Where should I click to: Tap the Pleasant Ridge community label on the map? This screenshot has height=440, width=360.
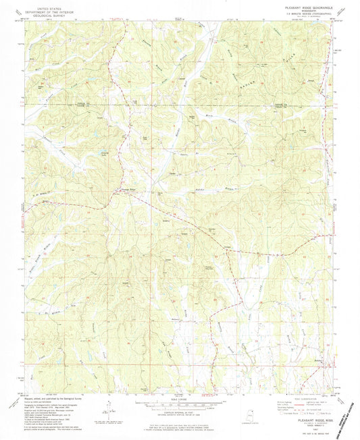tap(128, 190)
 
